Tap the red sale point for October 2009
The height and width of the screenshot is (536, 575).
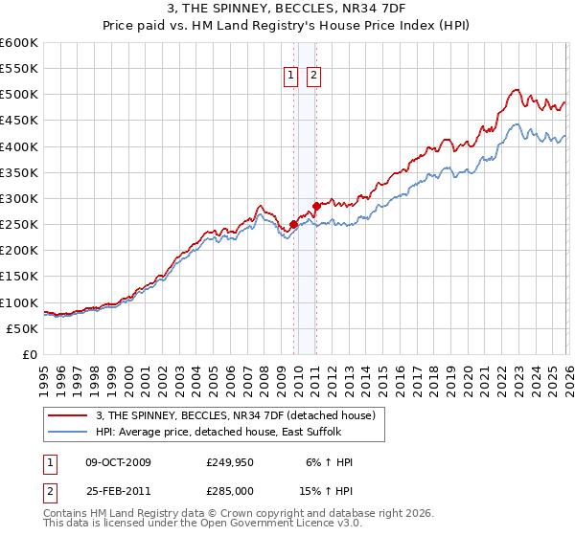point(293,225)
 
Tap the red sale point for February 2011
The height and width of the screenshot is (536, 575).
point(316,206)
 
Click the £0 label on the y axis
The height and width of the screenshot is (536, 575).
point(31,354)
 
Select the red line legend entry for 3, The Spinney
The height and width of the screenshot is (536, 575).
point(240,415)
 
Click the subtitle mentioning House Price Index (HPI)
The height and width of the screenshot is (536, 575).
point(287,28)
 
